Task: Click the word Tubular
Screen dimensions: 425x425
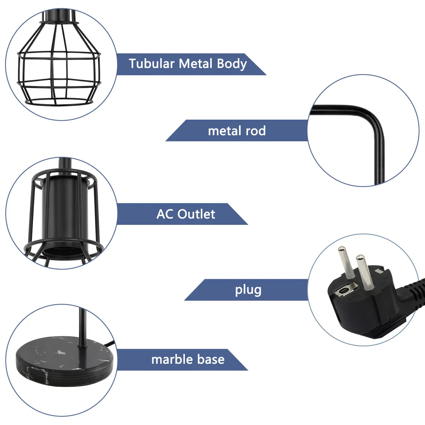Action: coord(152,64)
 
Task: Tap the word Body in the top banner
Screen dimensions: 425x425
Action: coord(232,64)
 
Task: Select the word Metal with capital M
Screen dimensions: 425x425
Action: coord(195,64)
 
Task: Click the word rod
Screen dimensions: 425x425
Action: coord(256,131)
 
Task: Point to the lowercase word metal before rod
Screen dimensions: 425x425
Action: coord(225,131)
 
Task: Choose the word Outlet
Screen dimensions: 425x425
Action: coord(196,214)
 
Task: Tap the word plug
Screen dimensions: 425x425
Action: coord(248,291)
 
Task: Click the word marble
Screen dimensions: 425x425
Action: coord(172,359)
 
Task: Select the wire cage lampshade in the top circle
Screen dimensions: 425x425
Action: coord(59,62)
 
